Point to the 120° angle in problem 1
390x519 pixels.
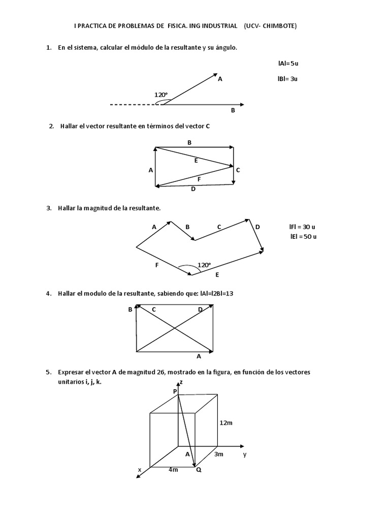click(161, 95)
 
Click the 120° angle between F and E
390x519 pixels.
click(204, 265)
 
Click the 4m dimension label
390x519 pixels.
click(173, 469)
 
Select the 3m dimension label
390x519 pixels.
click(218, 454)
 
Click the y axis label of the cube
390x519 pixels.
click(244, 454)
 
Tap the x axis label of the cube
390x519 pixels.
click(139, 470)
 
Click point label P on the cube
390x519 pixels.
click(175, 391)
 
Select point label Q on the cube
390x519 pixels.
click(199, 470)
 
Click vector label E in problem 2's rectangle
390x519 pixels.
click(196, 160)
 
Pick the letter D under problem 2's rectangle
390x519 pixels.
click(193, 189)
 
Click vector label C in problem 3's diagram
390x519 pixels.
click(219, 227)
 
